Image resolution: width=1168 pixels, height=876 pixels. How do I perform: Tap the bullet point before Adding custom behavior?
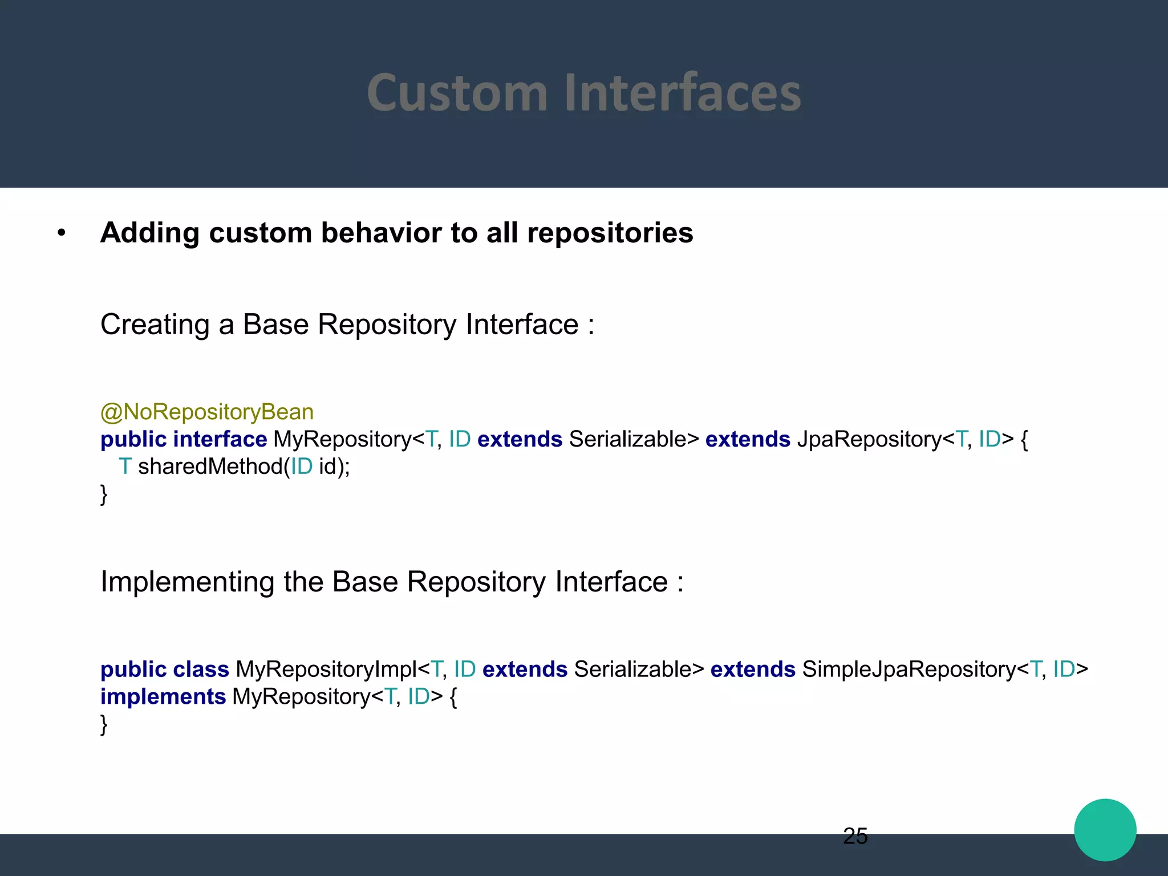tap(62, 233)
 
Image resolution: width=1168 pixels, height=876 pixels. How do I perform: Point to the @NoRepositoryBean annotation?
tap(207, 412)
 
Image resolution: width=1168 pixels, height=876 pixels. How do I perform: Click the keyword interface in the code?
tap(220, 439)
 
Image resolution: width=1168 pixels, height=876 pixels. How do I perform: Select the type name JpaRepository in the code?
tap(869, 439)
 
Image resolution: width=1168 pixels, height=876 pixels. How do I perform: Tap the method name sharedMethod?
tap(210, 467)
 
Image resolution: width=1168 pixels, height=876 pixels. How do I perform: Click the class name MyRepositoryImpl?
tap(326, 669)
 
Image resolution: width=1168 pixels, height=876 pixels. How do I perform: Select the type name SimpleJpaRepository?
tap(909, 669)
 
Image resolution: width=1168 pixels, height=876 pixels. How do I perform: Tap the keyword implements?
tap(163, 696)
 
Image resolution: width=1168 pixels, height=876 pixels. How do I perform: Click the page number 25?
tap(855, 836)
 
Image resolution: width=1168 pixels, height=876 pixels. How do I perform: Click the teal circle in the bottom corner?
tap(1105, 830)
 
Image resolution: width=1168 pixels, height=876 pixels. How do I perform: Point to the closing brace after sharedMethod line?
tap(104, 494)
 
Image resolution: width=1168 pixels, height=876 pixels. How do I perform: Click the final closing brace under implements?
tap(104, 724)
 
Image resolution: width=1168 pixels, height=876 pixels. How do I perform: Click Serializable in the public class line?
tap(638, 669)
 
